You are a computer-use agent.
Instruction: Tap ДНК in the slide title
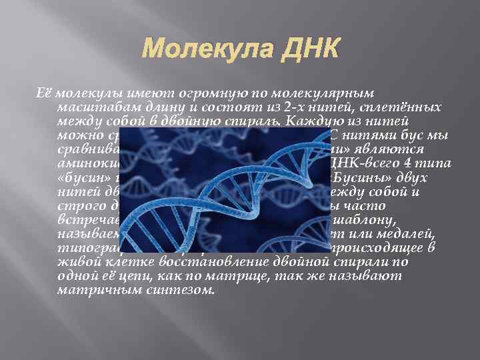pos(313,49)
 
